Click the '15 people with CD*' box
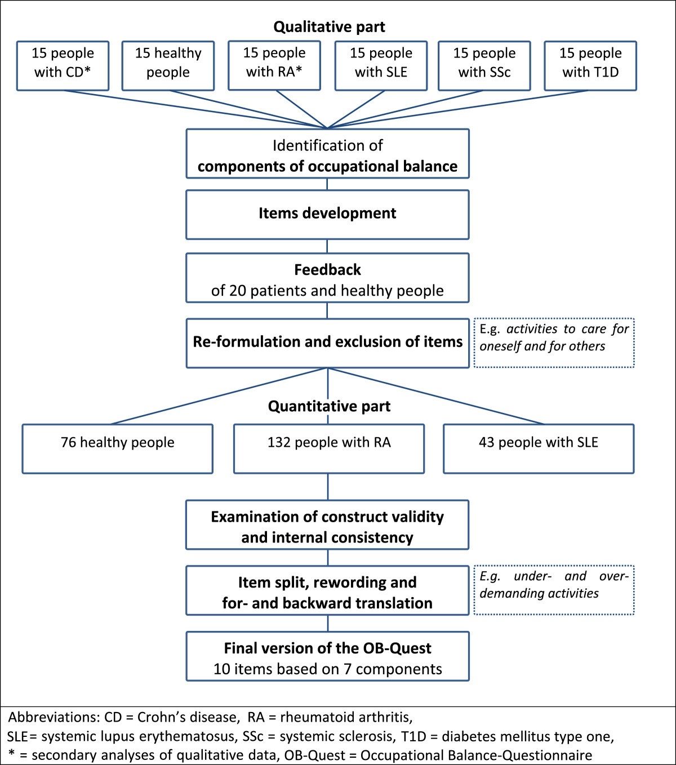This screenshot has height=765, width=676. click(x=63, y=65)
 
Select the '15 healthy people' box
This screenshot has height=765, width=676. click(x=168, y=65)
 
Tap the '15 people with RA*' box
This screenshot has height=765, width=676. click(x=274, y=65)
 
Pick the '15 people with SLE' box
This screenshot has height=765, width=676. click(x=381, y=65)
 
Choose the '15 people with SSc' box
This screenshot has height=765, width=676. click(x=484, y=65)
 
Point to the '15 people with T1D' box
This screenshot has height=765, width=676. click(x=590, y=65)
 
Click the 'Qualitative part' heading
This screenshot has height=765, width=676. click(x=329, y=27)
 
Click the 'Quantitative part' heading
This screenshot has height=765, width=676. click(x=329, y=406)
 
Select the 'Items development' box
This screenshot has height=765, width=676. click(x=327, y=214)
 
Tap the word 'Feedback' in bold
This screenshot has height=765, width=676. click(x=327, y=270)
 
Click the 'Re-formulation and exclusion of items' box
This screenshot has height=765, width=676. click(x=327, y=343)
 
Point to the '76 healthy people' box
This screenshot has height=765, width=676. click(x=117, y=448)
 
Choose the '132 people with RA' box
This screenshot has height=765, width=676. click(x=329, y=448)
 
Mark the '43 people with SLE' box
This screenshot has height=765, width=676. click(x=539, y=448)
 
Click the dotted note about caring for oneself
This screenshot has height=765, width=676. click(x=554, y=343)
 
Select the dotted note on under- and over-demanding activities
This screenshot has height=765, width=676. click(x=554, y=589)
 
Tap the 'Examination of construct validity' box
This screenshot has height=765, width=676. click(x=327, y=524)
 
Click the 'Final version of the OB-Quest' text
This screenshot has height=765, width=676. click(x=327, y=648)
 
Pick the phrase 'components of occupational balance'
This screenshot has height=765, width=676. click(x=327, y=167)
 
